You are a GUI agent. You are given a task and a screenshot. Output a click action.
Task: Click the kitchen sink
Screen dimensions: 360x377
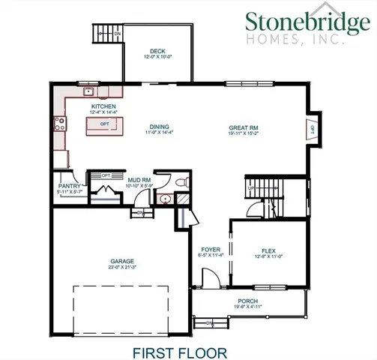tap(88, 92)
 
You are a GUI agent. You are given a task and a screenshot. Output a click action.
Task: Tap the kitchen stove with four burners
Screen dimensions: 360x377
tap(58, 124)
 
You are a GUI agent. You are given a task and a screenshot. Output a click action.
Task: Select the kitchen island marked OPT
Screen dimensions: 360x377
tap(105, 127)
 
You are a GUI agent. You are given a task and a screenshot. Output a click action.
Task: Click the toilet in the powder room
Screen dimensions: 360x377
tap(179, 182)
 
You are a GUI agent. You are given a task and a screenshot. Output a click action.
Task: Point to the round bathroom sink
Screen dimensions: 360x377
tap(165, 199)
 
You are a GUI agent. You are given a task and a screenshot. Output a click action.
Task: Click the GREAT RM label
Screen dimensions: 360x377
tap(244, 127)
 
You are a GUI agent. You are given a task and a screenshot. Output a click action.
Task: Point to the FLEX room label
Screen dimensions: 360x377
tap(268, 250)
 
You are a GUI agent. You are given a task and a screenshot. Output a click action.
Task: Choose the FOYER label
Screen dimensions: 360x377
tap(211, 249)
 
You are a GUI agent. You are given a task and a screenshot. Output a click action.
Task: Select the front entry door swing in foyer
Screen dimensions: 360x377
tap(212, 279)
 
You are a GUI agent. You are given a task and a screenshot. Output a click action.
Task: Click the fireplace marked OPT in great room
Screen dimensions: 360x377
tap(312, 129)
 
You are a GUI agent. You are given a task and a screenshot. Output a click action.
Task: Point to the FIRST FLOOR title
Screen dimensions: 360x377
tap(176, 350)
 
